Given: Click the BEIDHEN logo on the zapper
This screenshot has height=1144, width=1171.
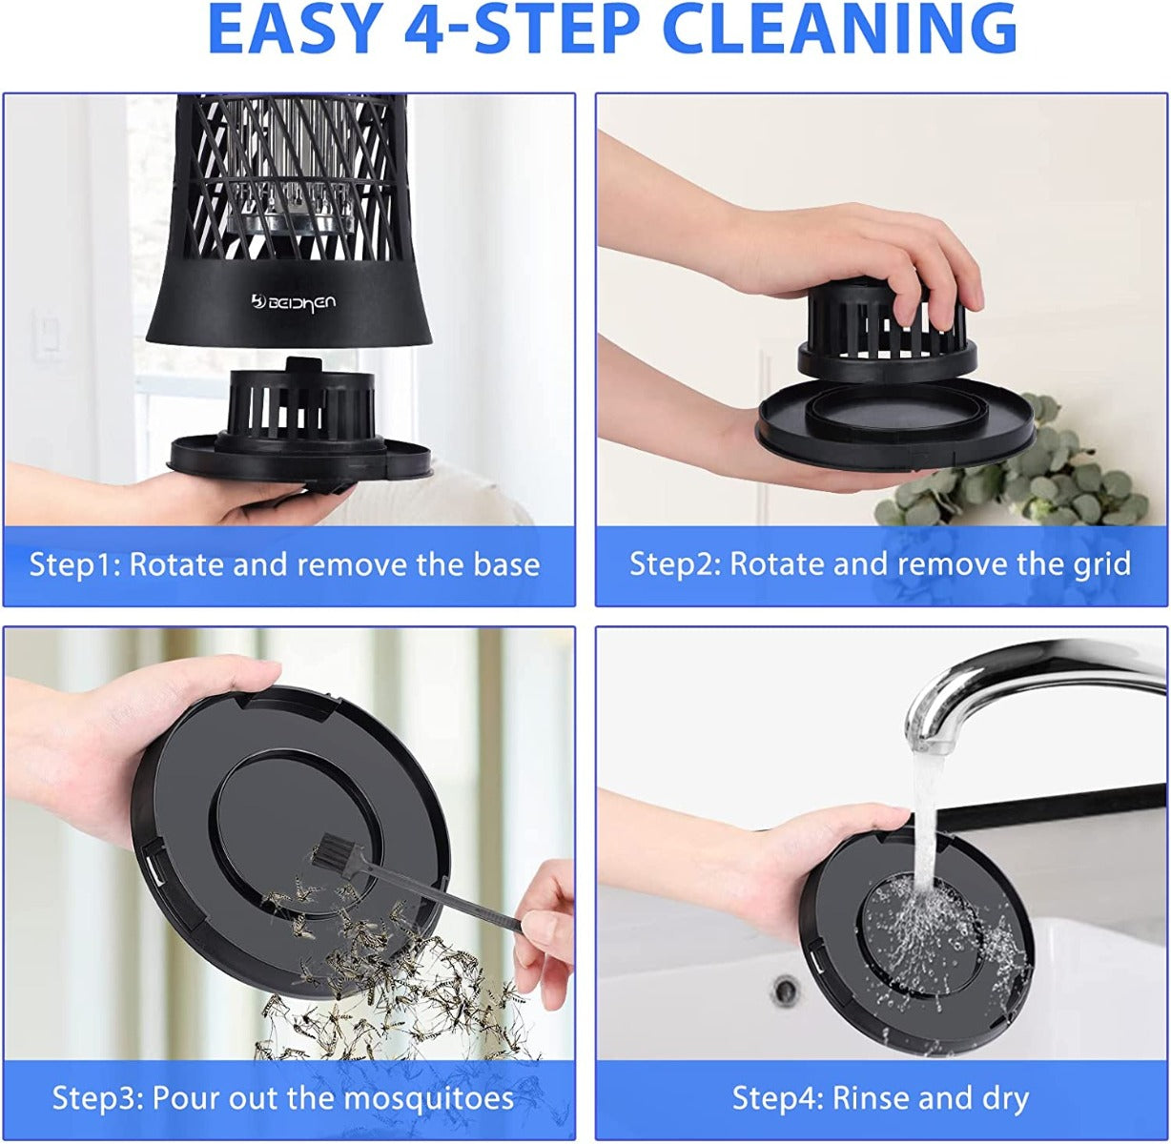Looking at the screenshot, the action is tap(294, 300).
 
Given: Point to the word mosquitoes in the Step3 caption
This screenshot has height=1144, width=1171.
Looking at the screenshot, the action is tap(429, 1098).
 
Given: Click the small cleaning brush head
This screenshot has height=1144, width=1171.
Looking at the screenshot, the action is tap(336, 849).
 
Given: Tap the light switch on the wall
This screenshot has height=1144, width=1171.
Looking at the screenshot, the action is tap(48, 335).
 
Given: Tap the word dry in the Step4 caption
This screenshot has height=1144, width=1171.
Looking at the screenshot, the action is tap(1006, 1100).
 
